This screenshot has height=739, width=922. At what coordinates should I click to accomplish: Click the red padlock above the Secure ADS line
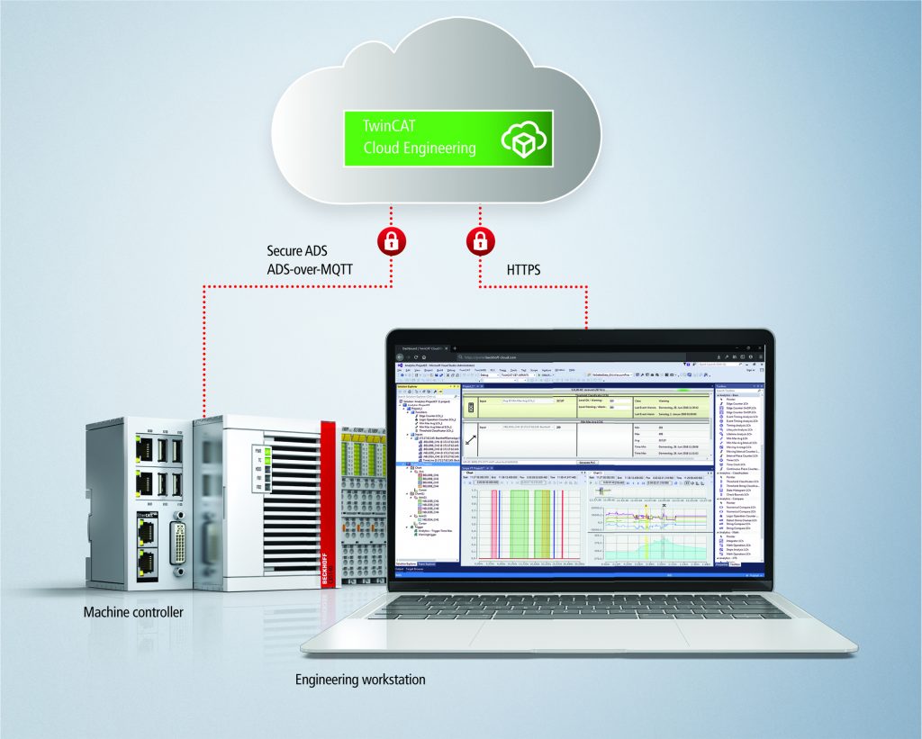[x=390, y=241]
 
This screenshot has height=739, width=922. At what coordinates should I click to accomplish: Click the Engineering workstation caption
[x=360, y=680]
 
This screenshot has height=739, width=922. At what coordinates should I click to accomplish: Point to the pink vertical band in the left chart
[x=495, y=525]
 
